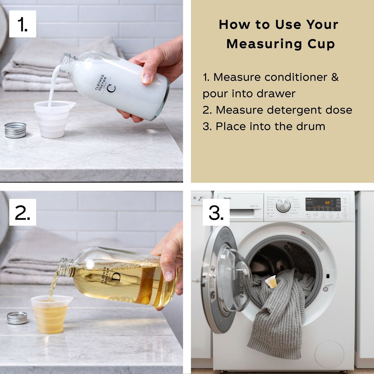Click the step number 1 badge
23,24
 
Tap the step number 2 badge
23,212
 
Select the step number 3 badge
216,212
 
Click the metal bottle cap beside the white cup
16,130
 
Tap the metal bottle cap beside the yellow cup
17,318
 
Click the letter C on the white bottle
111,88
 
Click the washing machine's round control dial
283,206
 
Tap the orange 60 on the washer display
327,203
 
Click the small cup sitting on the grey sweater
271,282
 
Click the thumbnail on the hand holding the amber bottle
170,276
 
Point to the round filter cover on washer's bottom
329,355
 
